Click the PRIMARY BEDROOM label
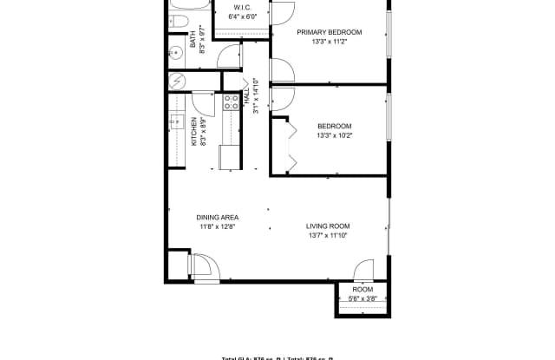(x=329, y=32)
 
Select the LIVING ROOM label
(x=327, y=226)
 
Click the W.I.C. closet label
(x=242, y=8)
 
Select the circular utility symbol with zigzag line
(x=177, y=82)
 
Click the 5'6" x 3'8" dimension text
(x=362, y=299)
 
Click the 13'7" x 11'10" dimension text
(x=327, y=236)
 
